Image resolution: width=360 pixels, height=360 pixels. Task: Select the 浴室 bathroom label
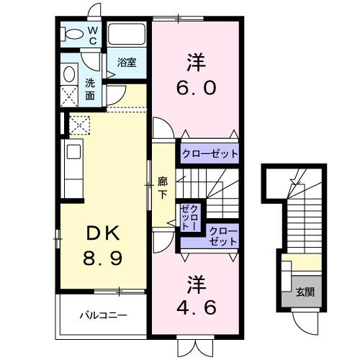(x=127, y=63)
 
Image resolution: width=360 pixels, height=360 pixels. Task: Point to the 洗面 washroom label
(x=90, y=89)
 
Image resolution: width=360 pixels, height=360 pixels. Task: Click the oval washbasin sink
(x=70, y=73)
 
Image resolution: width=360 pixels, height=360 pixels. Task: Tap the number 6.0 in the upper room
(x=194, y=89)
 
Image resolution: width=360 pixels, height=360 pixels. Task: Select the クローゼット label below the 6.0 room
(x=209, y=153)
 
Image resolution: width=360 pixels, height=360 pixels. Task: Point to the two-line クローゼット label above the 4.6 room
(x=221, y=236)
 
